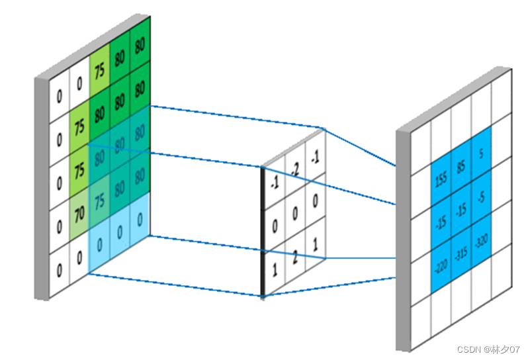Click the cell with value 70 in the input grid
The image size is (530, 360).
point(78,214)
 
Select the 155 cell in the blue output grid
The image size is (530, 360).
point(440,179)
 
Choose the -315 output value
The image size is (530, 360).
point(461,255)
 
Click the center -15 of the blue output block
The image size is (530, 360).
point(461,208)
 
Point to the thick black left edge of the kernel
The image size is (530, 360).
point(263,232)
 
